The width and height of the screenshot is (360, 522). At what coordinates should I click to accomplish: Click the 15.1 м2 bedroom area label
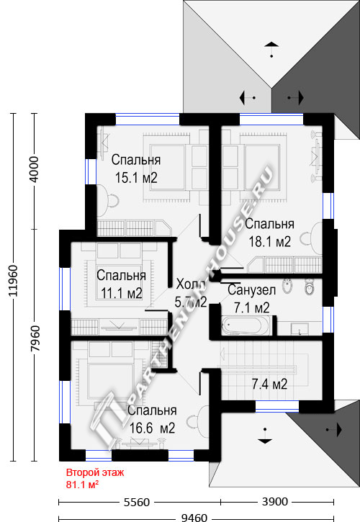136,178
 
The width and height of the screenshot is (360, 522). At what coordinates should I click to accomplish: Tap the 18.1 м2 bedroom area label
270,242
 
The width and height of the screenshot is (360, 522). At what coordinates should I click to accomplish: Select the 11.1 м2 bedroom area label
121,293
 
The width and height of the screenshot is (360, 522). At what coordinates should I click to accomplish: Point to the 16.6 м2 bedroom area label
152,428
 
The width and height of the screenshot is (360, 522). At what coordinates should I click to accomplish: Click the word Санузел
252,290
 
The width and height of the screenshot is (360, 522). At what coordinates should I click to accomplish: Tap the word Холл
191,284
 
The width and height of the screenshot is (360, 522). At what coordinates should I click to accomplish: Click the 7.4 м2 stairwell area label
269,384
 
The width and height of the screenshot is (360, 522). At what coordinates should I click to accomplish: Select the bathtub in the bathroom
246,325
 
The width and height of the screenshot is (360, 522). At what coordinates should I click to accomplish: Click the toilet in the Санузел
310,287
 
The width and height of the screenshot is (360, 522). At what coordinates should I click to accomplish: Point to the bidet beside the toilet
287,287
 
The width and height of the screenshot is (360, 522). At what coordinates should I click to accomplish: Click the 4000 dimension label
35,169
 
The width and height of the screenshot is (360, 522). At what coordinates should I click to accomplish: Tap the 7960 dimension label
35,338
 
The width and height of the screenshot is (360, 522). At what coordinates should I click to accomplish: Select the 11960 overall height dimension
14,281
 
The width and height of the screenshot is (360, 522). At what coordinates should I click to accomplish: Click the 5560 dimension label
137,502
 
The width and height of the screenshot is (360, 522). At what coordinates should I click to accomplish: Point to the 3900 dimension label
275,501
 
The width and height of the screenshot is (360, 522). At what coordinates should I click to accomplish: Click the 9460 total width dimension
194,518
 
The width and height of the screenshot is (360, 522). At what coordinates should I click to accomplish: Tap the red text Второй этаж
95,473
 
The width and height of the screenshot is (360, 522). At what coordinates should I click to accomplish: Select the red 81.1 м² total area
82,485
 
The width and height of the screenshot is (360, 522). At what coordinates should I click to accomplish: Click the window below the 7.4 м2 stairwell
277,406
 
